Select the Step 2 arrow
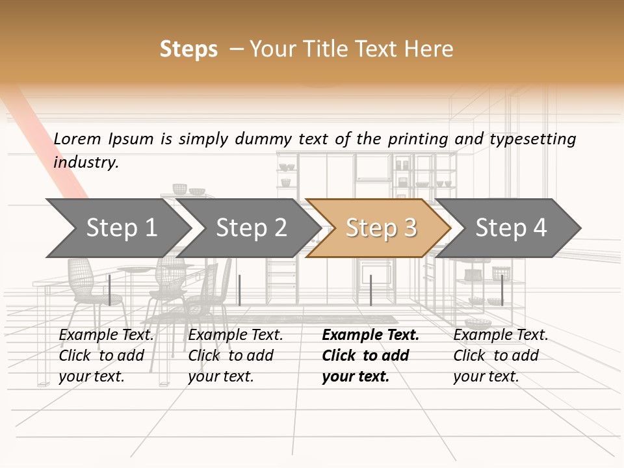251,228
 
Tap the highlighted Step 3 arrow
381,228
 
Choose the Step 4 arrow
511,228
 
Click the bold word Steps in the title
188,49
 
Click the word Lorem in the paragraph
77,138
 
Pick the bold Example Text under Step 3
370,335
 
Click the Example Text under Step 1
107,335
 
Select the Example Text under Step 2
235,335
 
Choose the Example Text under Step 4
500,335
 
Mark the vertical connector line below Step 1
110,290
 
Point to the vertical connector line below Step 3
370,290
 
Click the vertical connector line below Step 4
502,290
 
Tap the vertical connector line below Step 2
240,290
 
